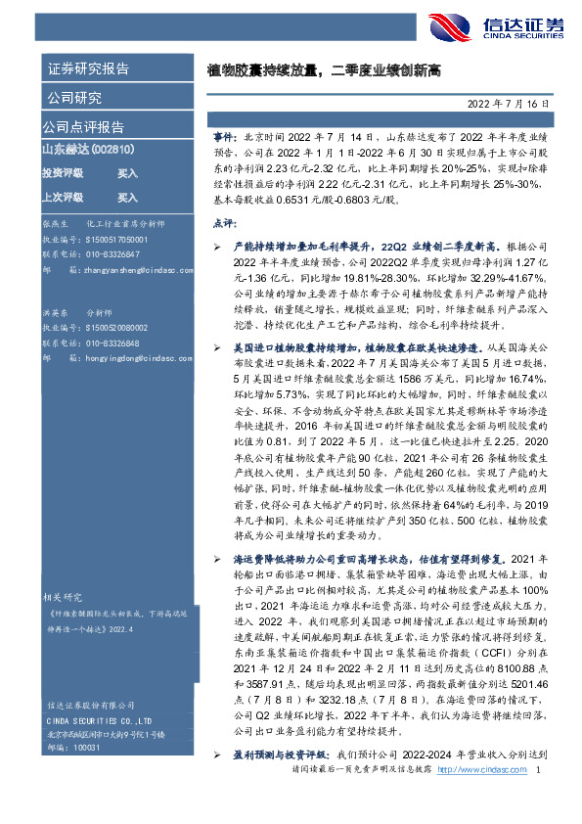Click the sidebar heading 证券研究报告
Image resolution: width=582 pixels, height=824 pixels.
pos(87,69)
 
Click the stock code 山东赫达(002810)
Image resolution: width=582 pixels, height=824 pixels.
pos(87,149)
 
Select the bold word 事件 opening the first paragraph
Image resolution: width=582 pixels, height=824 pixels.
pos(222,141)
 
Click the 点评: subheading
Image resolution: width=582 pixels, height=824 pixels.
pos(224,223)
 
